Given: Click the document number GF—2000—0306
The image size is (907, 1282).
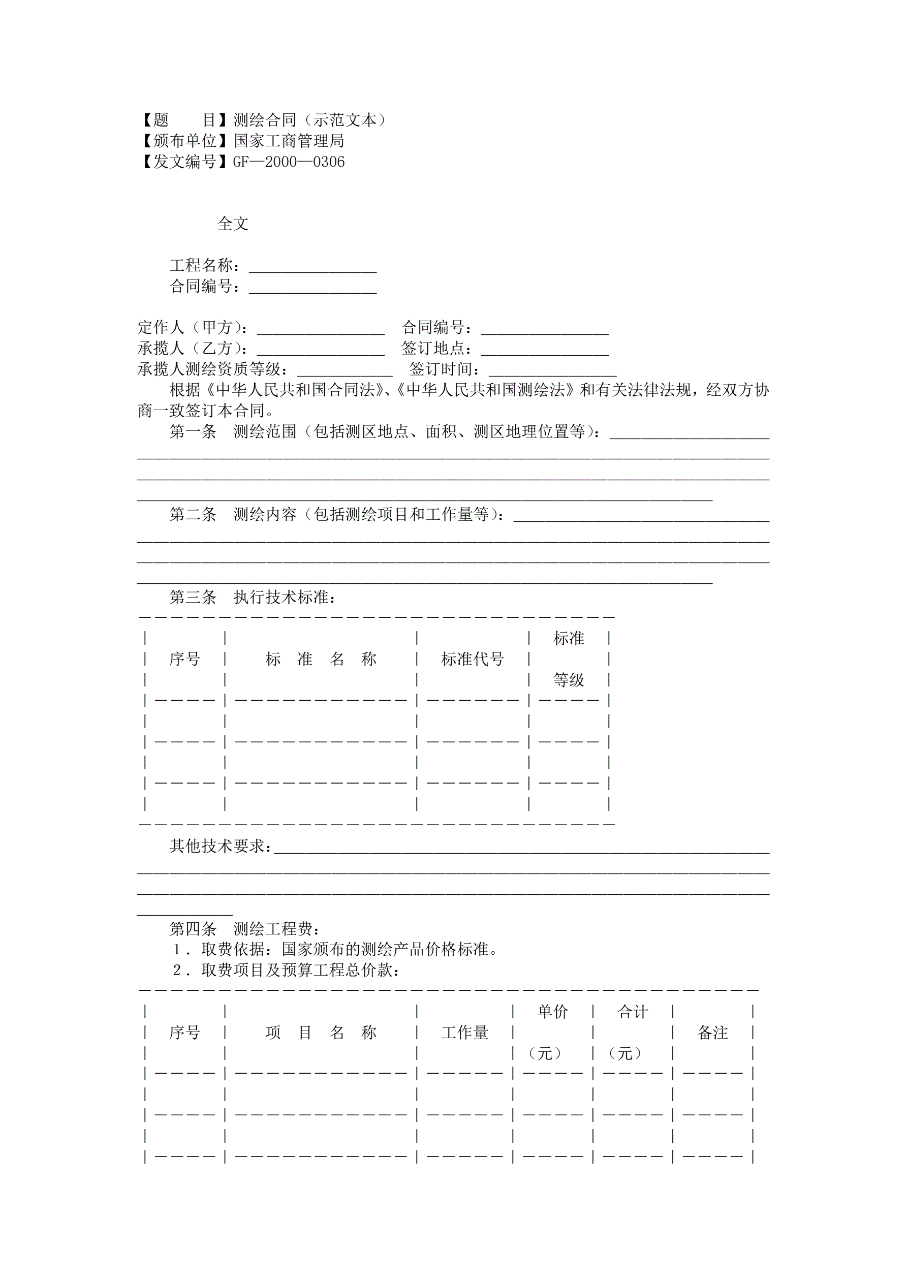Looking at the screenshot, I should point(289,162).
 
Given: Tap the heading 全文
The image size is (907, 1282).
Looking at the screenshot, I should point(232,224).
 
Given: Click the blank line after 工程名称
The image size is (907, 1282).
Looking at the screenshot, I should point(313,267).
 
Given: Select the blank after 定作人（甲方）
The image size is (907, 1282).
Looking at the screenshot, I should point(321,328).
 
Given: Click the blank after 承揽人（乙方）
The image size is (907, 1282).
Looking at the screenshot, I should point(321,350).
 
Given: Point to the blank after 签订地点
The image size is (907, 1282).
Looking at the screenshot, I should point(545,350).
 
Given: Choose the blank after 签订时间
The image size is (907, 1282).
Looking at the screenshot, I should point(552,370).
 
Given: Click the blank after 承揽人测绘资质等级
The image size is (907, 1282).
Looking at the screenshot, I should point(345,370).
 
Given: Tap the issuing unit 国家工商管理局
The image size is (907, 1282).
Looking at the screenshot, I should point(289,141).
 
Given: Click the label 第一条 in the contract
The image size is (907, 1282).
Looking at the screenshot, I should point(193,431).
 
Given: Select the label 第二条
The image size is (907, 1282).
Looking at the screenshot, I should point(193,514).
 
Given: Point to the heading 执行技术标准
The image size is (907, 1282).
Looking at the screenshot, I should point(285,598).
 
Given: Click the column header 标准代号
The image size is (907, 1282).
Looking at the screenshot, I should point(473,660).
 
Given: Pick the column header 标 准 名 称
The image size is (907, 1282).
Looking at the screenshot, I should point(321,660).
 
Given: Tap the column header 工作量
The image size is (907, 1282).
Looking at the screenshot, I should point(464,1033).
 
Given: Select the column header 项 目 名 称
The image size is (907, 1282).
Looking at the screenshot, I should point(321,1033).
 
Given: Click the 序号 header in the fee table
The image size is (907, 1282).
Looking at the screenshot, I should point(184,1033).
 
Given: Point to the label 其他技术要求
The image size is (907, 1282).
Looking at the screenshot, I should point(221,847).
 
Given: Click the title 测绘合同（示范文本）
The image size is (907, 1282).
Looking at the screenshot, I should point(309,120).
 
